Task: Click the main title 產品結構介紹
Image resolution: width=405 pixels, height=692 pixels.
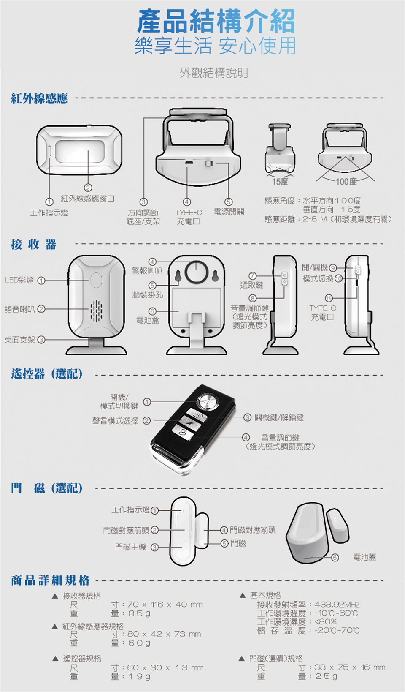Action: (216, 22)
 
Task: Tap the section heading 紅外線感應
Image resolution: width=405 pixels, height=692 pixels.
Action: (39, 99)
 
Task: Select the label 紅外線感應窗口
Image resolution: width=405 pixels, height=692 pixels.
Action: (87, 199)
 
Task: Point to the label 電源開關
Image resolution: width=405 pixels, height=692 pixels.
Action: (229, 212)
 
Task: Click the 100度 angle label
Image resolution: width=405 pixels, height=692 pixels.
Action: (346, 182)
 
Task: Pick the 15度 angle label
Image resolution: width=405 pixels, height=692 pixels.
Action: (280, 182)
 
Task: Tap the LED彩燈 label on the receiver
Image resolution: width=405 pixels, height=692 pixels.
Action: (19, 280)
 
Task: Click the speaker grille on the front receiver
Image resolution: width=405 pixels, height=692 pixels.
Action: (97, 310)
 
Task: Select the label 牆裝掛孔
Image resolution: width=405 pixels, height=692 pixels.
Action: (147, 295)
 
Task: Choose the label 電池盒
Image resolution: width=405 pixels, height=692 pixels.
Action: (147, 320)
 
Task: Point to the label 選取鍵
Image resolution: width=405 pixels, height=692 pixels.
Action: (251, 285)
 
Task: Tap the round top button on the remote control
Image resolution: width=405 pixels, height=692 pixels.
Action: (208, 401)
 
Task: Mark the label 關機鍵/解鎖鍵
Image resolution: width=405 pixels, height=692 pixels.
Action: (279, 417)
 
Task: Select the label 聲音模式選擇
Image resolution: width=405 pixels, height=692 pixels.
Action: (115, 421)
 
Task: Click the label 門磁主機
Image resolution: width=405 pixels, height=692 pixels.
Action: (131, 547)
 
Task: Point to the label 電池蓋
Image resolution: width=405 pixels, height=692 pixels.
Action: (364, 557)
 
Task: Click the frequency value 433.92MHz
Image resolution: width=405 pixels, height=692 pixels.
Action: (337, 605)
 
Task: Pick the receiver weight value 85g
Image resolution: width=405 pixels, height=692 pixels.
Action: (139, 613)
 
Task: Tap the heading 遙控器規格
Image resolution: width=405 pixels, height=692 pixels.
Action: (82, 658)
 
